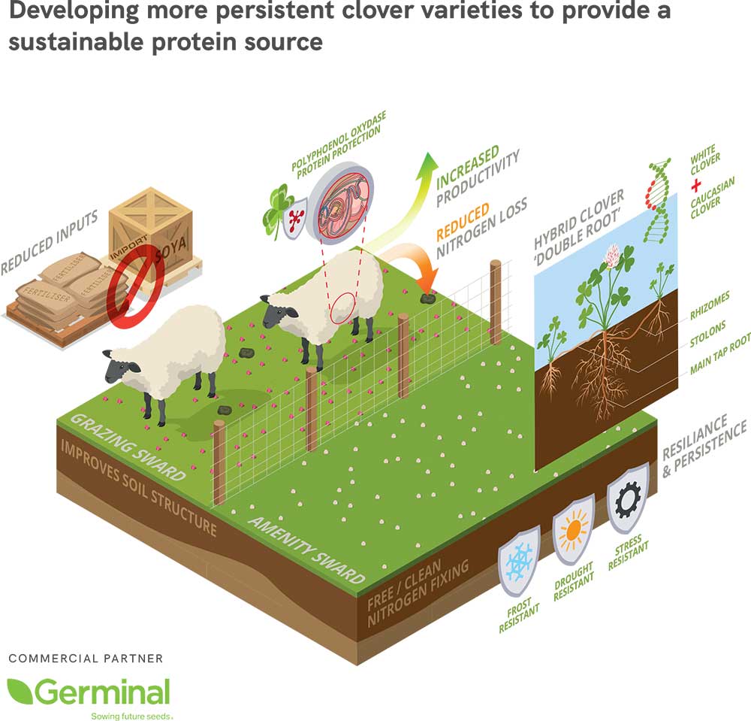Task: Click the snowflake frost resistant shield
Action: coord(519,562)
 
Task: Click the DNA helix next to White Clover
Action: coord(657,198)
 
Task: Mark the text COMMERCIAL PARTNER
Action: coord(86,659)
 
